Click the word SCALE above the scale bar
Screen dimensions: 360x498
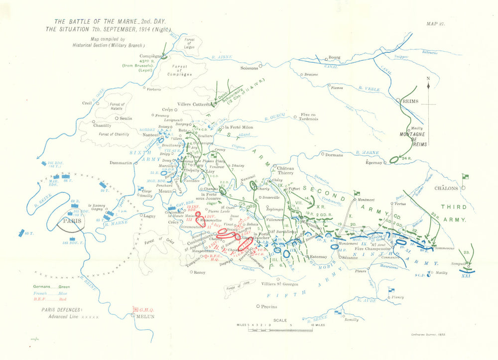pyautogui.click(x=280, y=320)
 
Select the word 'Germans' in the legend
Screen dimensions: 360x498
pyautogui.click(x=42, y=287)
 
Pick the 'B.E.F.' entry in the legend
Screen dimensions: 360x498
pyautogui.click(x=41, y=300)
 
